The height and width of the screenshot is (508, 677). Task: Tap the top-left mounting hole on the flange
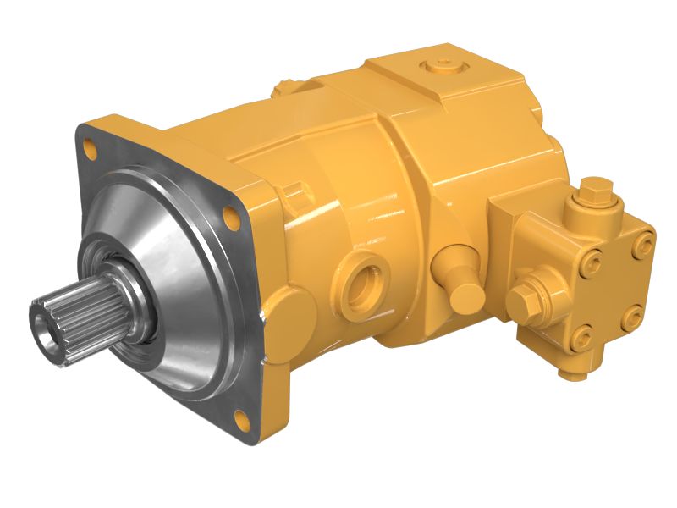(91, 152)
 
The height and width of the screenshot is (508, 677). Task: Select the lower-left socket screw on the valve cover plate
(583, 339)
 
